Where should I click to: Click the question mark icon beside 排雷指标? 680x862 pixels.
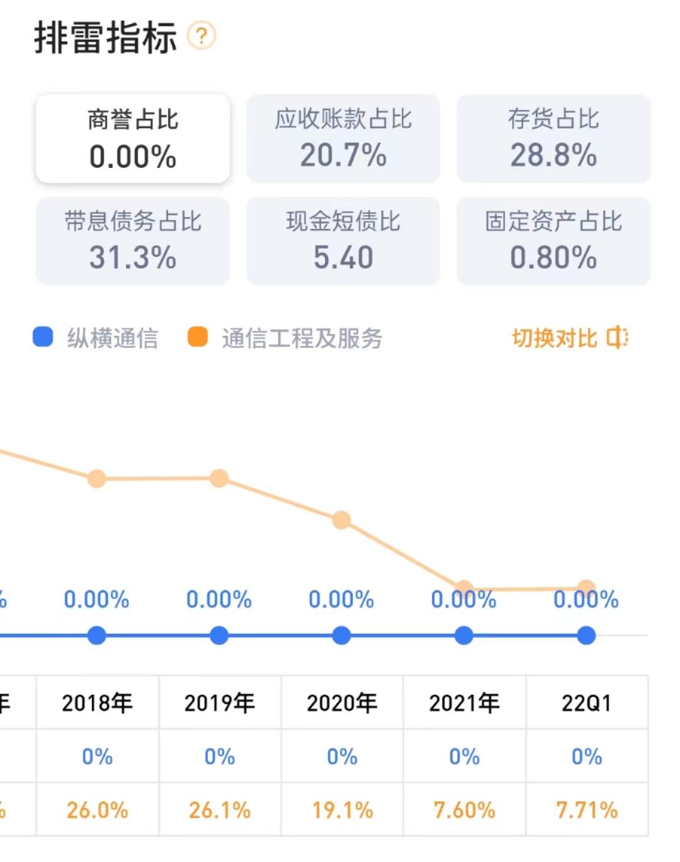click(x=201, y=36)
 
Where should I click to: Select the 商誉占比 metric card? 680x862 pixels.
click(x=133, y=138)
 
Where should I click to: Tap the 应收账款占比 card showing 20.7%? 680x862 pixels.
click(x=343, y=138)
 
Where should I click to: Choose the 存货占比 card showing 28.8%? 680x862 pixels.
click(x=553, y=138)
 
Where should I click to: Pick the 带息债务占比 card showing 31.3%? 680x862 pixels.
click(x=133, y=240)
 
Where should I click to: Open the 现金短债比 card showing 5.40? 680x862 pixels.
click(x=343, y=240)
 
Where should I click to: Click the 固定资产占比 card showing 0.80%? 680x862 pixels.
click(x=553, y=240)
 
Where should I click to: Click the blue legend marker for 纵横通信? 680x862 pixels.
click(x=43, y=337)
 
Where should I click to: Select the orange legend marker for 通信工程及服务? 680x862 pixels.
click(x=198, y=337)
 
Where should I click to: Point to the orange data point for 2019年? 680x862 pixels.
click(x=219, y=478)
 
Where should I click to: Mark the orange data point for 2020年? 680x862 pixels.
click(x=341, y=520)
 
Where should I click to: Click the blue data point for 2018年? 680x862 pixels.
click(x=96, y=635)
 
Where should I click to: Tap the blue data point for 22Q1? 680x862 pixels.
click(x=586, y=635)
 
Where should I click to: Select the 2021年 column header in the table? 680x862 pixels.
click(x=465, y=703)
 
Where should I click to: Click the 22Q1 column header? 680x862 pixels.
click(x=587, y=703)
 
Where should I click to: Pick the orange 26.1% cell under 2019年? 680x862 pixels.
click(x=220, y=810)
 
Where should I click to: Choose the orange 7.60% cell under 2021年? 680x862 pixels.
click(x=465, y=810)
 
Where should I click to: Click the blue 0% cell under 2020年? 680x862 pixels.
click(x=342, y=756)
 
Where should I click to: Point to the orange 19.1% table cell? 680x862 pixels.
click(x=342, y=810)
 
